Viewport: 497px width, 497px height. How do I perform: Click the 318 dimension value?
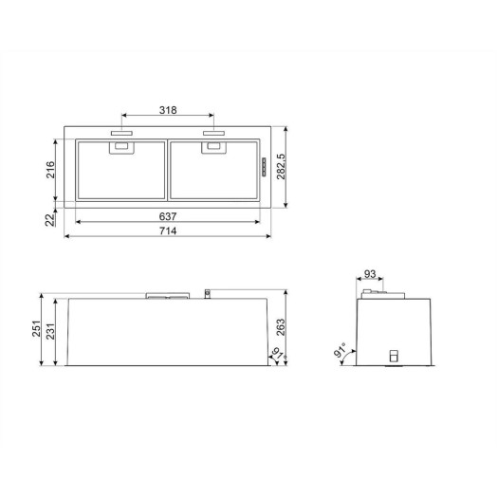[x=168, y=110]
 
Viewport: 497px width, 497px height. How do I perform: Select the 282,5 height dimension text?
[x=281, y=166]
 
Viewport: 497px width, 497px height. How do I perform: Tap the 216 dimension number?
[x=50, y=170]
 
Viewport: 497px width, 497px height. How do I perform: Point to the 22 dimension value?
[x=49, y=220]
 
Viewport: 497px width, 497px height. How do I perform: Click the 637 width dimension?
[x=168, y=216]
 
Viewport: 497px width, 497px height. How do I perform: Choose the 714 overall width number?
[x=168, y=231]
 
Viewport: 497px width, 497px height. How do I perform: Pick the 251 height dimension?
[x=36, y=329]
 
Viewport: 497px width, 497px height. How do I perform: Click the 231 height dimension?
[x=50, y=331]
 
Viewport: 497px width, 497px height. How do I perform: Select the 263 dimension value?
[x=281, y=327]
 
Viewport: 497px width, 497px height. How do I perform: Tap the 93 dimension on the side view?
[x=370, y=274]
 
